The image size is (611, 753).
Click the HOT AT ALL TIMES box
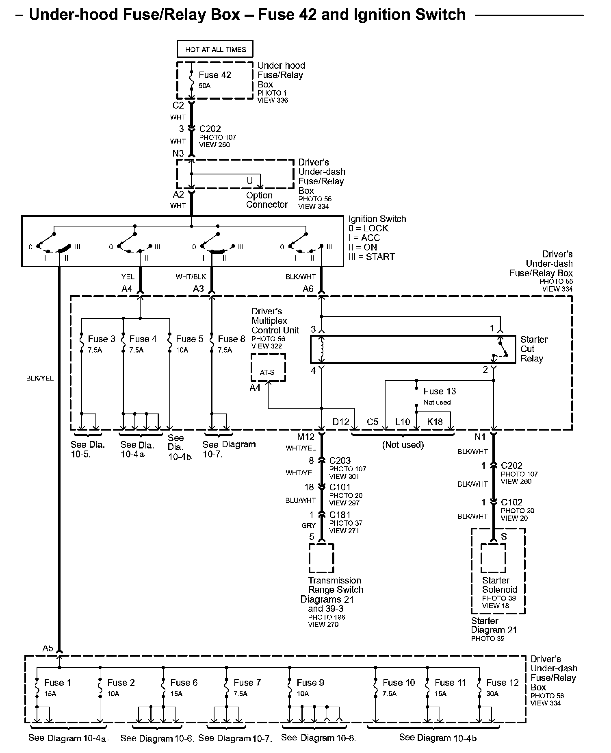[215, 49]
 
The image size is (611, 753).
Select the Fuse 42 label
[215, 75]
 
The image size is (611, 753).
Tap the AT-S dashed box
[268, 367]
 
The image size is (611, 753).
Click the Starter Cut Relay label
[534, 349]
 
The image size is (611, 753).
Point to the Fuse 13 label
[440, 391]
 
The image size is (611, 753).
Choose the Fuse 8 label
[232, 339]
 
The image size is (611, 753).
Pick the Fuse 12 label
[503, 683]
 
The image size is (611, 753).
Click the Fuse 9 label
[310, 683]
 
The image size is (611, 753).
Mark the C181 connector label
[340, 515]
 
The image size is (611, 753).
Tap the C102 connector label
[512, 502]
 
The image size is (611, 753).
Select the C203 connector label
[340, 461]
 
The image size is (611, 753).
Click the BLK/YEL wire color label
[40, 378]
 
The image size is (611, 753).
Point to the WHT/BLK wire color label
[191, 277]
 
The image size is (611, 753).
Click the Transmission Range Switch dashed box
[321, 558]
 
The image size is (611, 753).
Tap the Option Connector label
[267, 200]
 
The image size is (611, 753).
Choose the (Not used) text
[403, 445]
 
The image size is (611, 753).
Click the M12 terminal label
[306, 437]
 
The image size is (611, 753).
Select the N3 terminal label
[178, 153]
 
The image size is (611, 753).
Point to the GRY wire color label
[309, 525]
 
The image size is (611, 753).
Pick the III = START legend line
[372, 257]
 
